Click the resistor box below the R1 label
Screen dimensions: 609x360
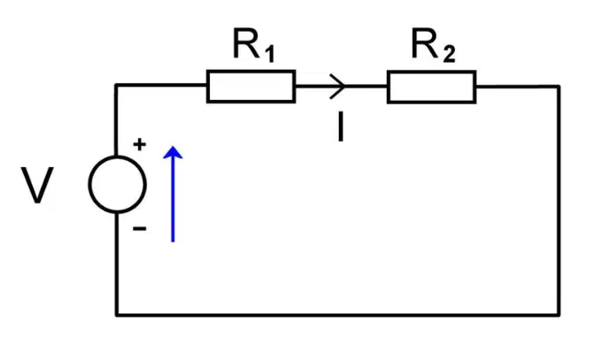click(x=251, y=87)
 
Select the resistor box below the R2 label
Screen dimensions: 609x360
click(x=431, y=87)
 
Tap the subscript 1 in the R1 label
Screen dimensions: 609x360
click(x=269, y=54)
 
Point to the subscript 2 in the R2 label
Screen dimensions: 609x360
click(x=449, y=54)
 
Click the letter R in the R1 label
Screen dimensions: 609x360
click(x=246, y=43)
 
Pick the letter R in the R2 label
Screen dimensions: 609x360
click(x=425, y=43)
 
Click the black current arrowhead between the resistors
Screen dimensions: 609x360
click(x=337, y=86)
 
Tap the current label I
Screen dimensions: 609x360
click(x=341, y=126)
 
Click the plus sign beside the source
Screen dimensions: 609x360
click(x=140, y=144)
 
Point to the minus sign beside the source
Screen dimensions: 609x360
click(x=140, y=228)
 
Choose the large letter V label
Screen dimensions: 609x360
click(x=37, y=185)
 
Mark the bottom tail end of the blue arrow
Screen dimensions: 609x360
click(x=173, y=241)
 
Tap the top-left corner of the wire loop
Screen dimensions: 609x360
click(x=116, y=85)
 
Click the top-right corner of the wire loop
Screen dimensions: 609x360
click(x=559, y=86)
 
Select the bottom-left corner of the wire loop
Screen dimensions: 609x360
click(x=116, y=315)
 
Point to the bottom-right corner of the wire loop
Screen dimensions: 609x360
click(x=559, y=315)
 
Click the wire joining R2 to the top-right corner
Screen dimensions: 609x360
click(x=518, y=86)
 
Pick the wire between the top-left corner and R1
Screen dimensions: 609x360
click(x=161, y=85)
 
